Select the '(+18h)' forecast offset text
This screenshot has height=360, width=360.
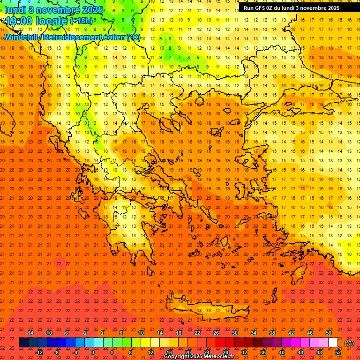click(81, 21)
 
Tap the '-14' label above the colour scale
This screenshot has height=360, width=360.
click(30, 333)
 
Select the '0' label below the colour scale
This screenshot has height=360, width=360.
click(92, 352)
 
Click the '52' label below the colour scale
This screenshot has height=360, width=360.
click(338, 352)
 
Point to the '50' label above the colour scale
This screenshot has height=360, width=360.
click(329, 333)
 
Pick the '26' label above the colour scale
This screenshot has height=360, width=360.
click(216, 333)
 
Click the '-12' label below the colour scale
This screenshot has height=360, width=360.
click(39, 352)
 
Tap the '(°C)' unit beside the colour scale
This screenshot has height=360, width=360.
click(349, 343)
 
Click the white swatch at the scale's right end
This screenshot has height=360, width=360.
click(333, 343)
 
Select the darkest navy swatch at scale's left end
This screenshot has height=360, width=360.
click(23, 343)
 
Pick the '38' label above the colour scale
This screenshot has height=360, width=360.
click(272, 333)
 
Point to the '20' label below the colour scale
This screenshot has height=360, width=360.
click(188, 352)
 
